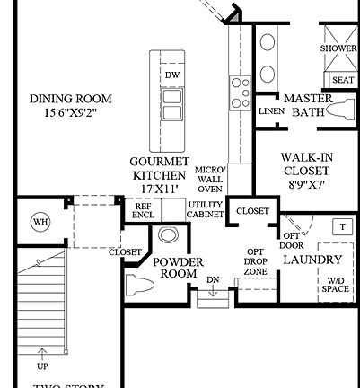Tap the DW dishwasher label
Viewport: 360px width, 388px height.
[171, 75]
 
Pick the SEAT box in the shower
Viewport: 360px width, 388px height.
[342, 80]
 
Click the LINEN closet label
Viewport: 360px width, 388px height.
[270, 112]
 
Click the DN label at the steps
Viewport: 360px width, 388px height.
[212, 279]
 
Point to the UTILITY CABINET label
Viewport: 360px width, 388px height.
[205, 209]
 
